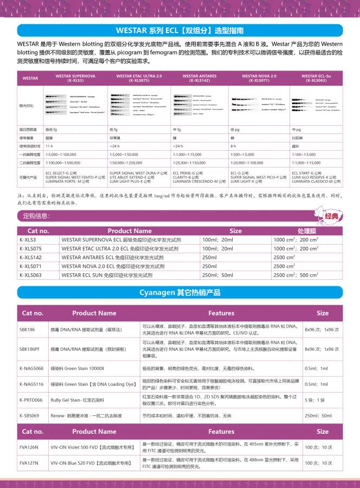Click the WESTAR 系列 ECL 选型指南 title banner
(180, 30)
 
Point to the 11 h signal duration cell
(49, 146)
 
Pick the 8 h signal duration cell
(234, 146)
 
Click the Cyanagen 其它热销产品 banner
(180, 292)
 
